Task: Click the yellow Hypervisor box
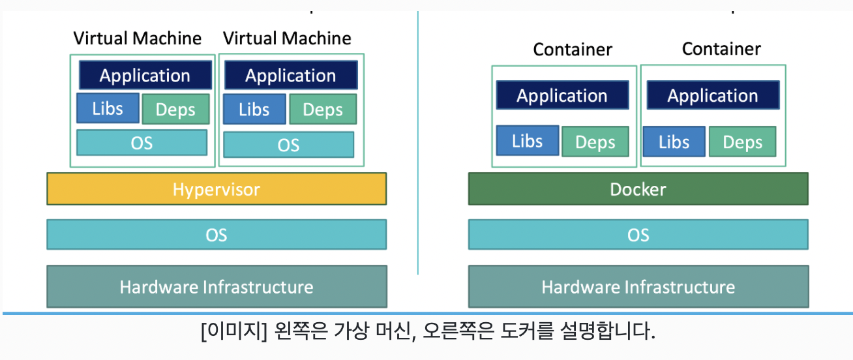pos(217,189)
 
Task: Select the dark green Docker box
pos(638,189)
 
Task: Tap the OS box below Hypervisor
pos(217,235)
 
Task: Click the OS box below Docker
pos(638,235)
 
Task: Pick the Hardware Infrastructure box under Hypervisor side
pos(217,286)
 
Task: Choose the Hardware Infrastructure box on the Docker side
pos(638,286)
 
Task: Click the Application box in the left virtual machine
pos(145,75)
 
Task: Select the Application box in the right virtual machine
pos(291,75)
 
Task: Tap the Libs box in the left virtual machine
pos(108,108)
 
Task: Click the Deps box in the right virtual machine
pos(323,110)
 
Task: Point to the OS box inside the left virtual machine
pos(142,143)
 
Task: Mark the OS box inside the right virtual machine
pos(289,145)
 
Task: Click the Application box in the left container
pos(562,95)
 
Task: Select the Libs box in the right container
pos(674,142)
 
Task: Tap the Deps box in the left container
pos(595,142)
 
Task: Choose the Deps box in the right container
pos(743,142)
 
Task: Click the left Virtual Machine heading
pos(138,38)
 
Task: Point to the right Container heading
pos(721,49)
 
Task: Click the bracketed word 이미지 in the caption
pos(234,331)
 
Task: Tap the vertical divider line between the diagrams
pos(418,143)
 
